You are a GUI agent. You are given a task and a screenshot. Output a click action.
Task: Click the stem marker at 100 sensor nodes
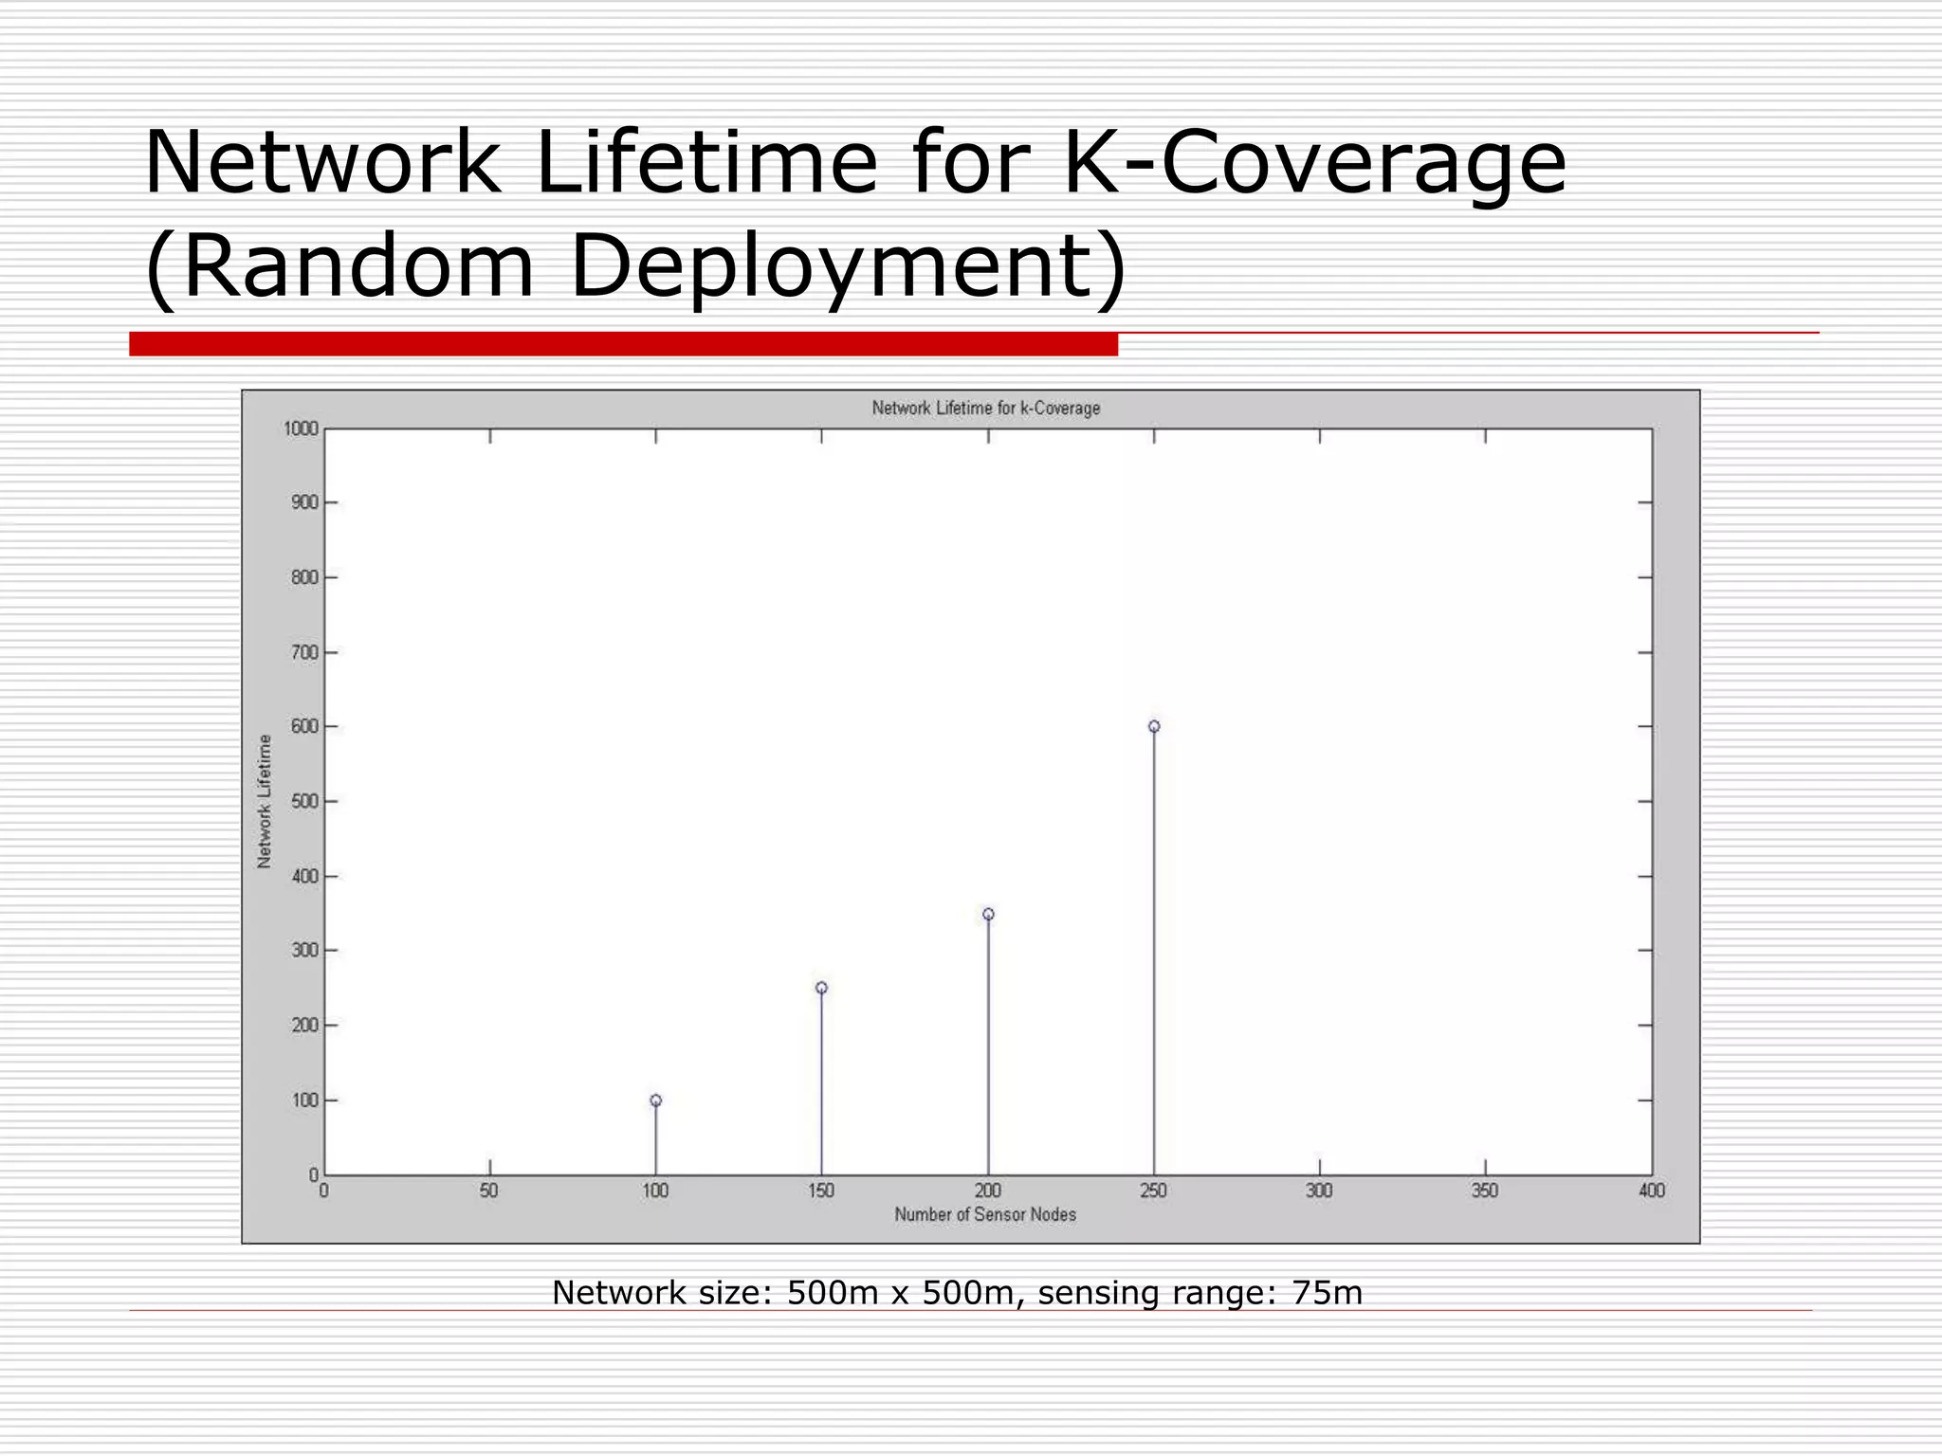(x=655, y=1101)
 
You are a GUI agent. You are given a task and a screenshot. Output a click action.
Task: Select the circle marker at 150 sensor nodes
(x=821, y=988)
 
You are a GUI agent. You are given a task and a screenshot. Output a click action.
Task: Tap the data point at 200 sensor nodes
(x=988, y=914)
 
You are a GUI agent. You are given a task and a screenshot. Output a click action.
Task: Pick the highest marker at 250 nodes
(x=1154, y=727)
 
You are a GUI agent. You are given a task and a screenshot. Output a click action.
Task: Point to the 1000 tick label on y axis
(x=301, y=429)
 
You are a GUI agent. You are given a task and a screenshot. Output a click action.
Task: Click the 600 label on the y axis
(x=304, y=727)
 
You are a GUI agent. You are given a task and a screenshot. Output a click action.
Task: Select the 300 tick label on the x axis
(x=1319, y=1191)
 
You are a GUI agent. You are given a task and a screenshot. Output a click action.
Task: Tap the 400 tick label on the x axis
(x=1651, y=1191)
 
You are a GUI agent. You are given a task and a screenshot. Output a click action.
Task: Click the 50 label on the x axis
(x=489, y=1191)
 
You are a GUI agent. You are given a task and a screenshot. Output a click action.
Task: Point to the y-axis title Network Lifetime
(x=265, y=801)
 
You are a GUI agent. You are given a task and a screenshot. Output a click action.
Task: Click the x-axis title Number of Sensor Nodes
(x=985, y=1214)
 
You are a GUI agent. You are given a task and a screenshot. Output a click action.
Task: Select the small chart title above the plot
(x=986, y=409)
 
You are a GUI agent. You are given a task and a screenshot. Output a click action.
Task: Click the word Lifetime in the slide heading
(x=707, y=163)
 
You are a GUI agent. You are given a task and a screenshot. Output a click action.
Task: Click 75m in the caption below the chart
(x=1327, y=1293)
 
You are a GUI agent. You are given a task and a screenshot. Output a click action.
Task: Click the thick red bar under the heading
(x=623, y=344)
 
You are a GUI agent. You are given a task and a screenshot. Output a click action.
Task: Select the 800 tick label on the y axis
(x=304, y=577)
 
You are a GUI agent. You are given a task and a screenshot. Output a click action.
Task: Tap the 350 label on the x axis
(x=1485, y=1191)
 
